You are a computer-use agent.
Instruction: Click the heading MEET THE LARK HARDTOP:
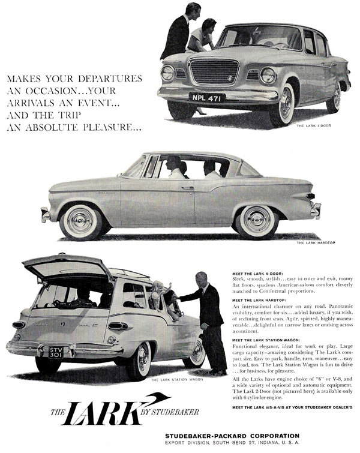coord(259,300)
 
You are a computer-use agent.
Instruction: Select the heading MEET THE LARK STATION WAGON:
coord(268,340)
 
